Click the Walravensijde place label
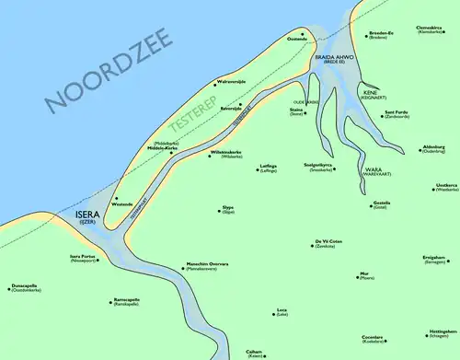point(231,81)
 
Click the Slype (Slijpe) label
point(228,210)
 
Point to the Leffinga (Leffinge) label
point(268,168)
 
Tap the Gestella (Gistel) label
point(382,204)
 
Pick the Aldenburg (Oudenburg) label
point(432,149)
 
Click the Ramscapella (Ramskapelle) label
point(126,301)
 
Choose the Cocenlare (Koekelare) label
point(373,340)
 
